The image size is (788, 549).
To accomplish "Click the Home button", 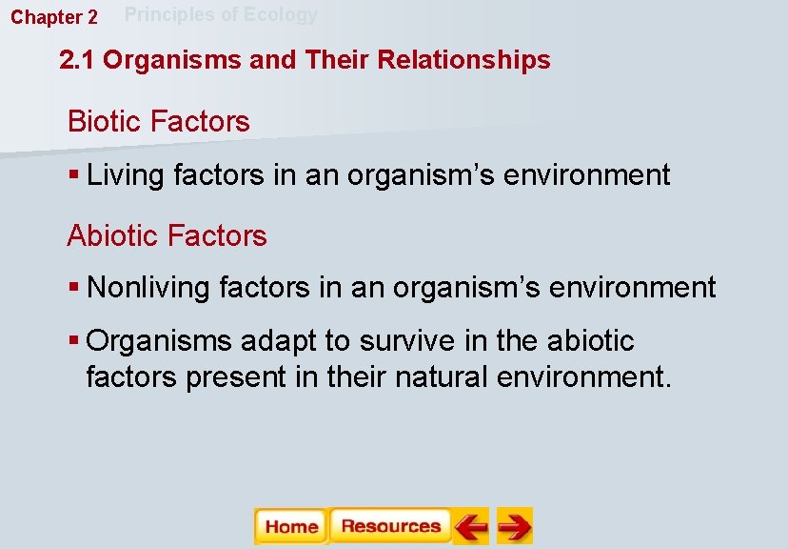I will click(290, 526).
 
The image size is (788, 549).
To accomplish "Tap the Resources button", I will click(390, 526).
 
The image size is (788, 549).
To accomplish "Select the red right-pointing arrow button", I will click(515, 526).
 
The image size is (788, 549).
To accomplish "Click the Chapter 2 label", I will click(54, 17).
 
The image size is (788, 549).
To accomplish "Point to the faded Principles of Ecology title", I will click(221, 14).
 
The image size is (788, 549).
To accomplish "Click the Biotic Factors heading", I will click(158, 121).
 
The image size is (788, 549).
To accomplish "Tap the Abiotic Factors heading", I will click(167, 234).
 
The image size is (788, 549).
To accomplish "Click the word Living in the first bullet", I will click(124, 175).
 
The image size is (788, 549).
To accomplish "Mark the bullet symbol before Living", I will click(74, 176).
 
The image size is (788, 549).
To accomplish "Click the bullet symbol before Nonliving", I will click(74, 288).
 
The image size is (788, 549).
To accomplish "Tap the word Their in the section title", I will click(338, 60).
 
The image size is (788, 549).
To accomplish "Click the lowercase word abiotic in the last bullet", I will click(586, 341).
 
